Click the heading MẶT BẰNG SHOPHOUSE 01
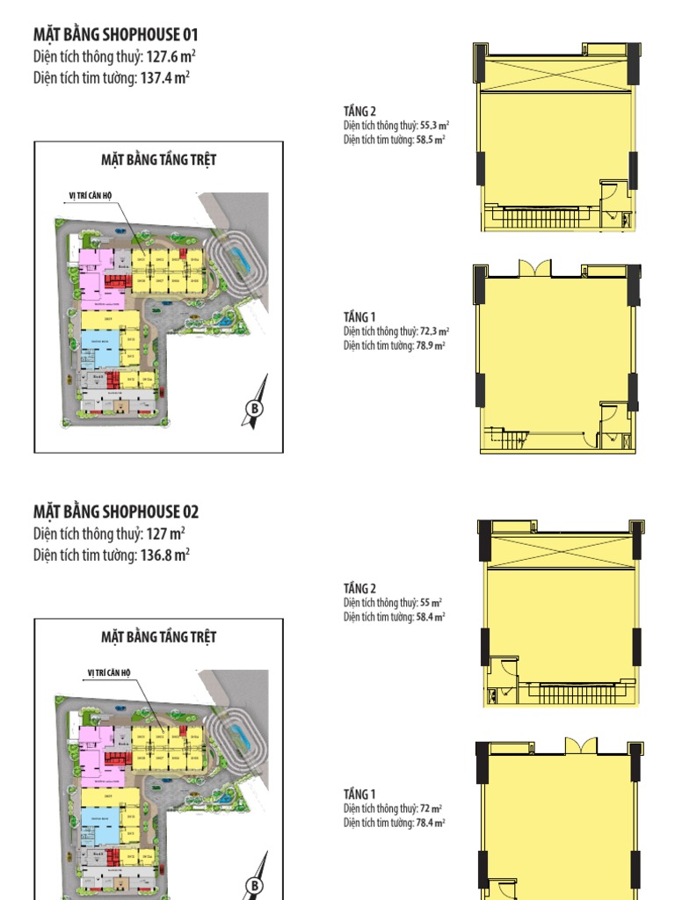pyautogui.click(x=116, y=35)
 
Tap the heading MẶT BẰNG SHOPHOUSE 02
pyautogui.click(x=116, y=512)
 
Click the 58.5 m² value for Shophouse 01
pyautogui.click(x=430, y=139)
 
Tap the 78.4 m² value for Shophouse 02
pyautogui.click(x=430, y=823)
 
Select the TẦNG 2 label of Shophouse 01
pyautogui.click(x=359, y=111)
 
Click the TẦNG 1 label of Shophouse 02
pyautogui.click(x=359, y=795)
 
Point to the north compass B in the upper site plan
pyautogui.click(x=254, y=409)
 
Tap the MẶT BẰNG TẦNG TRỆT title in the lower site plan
pyautogui.click(x=159, y=636)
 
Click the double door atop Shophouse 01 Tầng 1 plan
pyautogui.click(x=534, y=268)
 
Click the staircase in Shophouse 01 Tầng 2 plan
pyautogui.click(x=537, y=215)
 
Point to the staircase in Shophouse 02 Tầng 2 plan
pyautogui.click(x=576, y=692)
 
